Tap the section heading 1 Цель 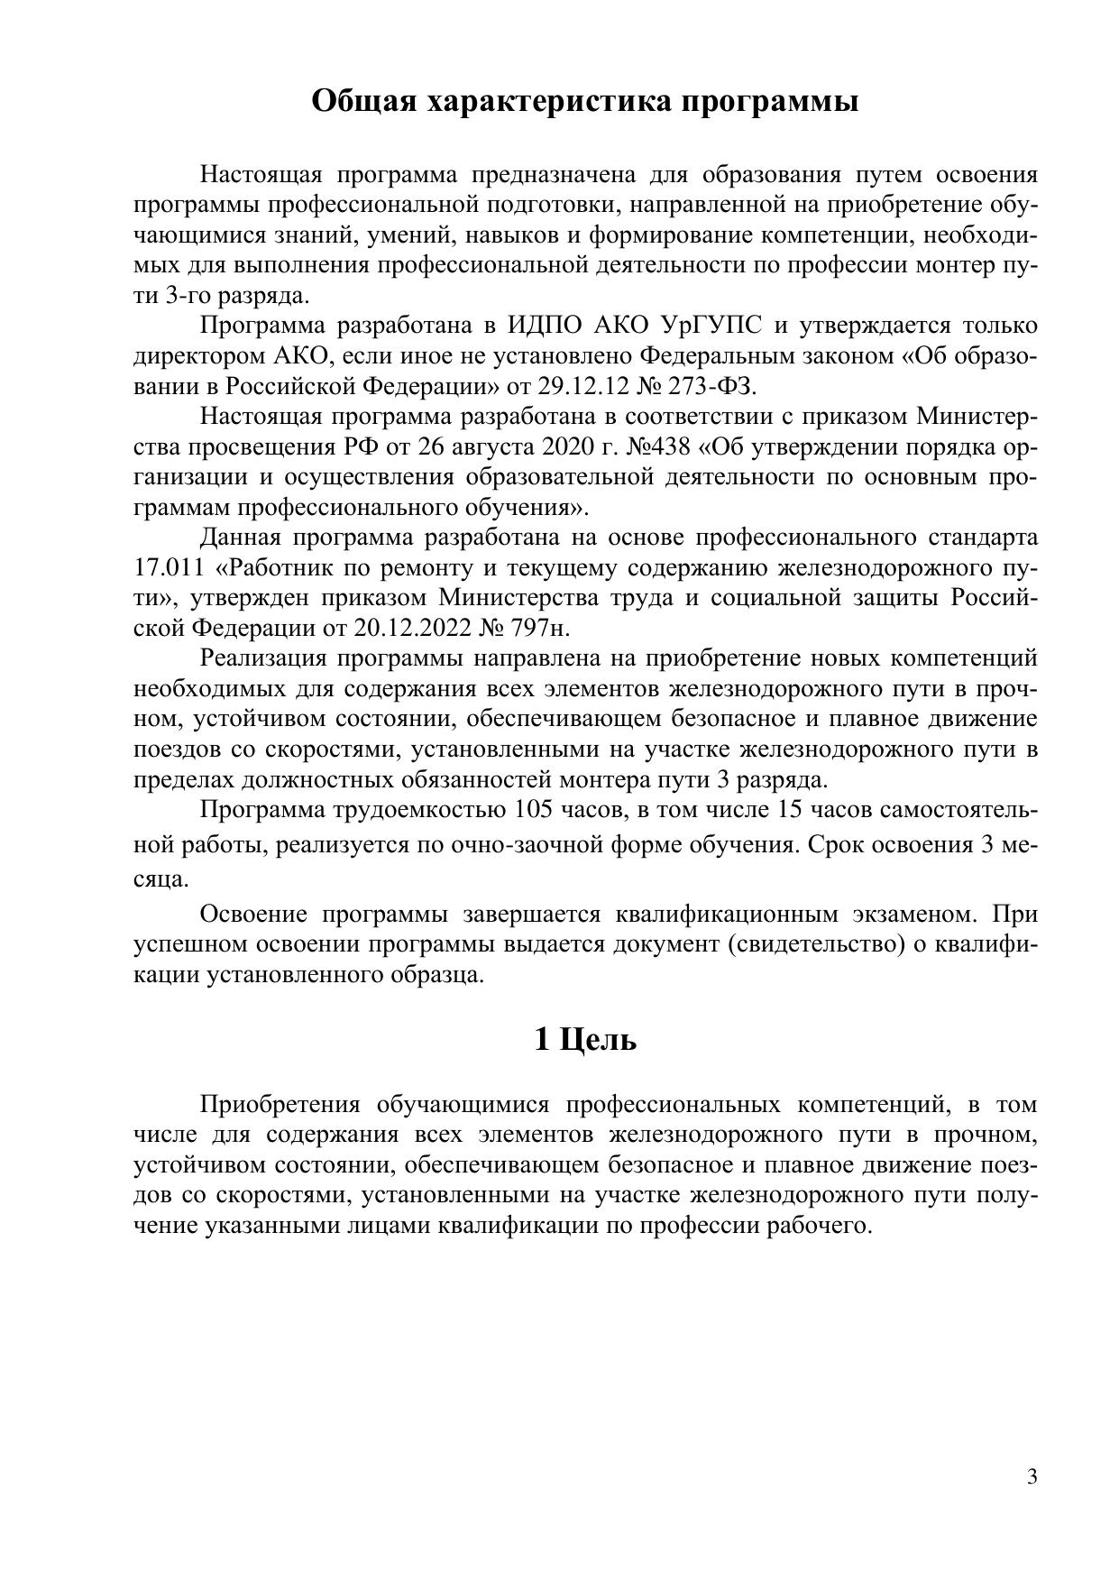pos(585,1039)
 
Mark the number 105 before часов pos(533,810)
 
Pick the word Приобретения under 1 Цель pos(280,1104)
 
